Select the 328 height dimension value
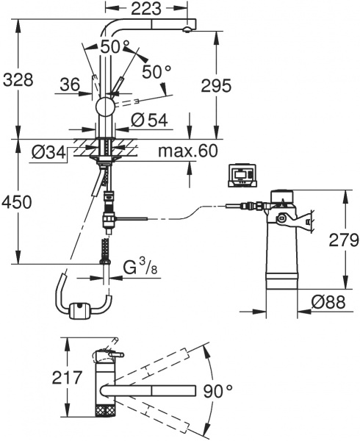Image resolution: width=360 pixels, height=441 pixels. [x=18, y=80]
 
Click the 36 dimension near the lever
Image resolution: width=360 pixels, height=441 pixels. [x=71, y=86]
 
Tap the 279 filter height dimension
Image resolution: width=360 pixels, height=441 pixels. [x=343, y=240]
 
